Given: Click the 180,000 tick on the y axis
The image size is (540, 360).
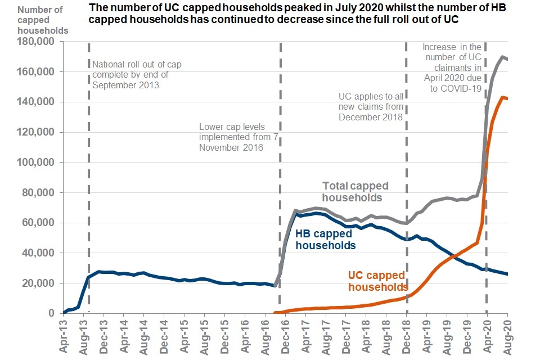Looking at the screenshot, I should [x=35, y=42].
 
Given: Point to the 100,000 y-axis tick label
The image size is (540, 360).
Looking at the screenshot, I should [x=35, y=163].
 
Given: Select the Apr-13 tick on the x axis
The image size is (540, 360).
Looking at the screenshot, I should [x=64, y=335].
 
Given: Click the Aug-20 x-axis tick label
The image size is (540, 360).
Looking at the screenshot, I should [x=507, y=335].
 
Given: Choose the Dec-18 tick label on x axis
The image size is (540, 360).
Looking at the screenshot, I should [x=406, y=335].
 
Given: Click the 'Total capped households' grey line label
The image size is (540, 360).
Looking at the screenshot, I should [x=355, y=191].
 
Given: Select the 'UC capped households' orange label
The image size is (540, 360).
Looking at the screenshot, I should [x=376, y=281].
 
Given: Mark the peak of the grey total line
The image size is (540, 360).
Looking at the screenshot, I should [x=502, y=57].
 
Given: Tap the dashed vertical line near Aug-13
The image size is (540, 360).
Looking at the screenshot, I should [x=88, y=169].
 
